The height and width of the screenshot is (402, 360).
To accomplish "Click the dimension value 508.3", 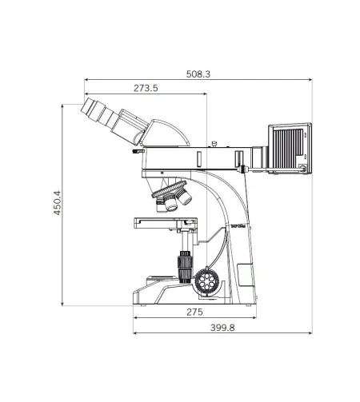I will tap(198, 74).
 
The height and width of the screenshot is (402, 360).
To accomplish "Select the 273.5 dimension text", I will tap(145, 88).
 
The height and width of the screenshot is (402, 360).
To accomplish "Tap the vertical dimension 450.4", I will tap(57, 206).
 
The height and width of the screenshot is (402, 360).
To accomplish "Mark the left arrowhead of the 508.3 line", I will tap(85, 80).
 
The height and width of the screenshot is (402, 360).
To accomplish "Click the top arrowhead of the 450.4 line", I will tap(64, 106).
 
